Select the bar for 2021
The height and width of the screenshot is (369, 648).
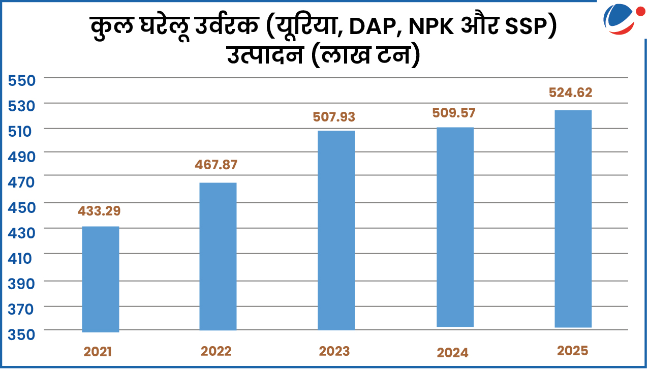pyautogui.click(x=101, y=279)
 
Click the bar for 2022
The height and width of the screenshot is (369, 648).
pyautogui.click(x=218, y=257)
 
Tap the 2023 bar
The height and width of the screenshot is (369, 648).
pyautogui.click(x=336, y=230)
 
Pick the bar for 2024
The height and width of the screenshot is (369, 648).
pyautogui.click(x=455, y=227)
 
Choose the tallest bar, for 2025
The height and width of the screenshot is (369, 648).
pyautogui.click(x=573, y=219)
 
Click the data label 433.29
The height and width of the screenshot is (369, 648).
pyautogui.click(x=99, y=210)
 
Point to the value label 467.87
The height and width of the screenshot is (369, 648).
pyautogui.click(x=216, y=165)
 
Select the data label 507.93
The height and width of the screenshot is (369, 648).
pyautogui.click(x=333, y=117)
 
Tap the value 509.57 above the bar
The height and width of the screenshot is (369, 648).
pyautogui.click(x=454, y=113)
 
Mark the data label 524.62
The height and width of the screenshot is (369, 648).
pyautogui.click(x=571, y=93)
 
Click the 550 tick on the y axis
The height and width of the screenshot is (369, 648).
pyautogui.click(x=21, y=80)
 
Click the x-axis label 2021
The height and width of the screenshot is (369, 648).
pyautogui.click(x=98, y=352)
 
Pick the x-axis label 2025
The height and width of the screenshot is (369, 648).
pyautogui.click(x=572, y=351)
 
